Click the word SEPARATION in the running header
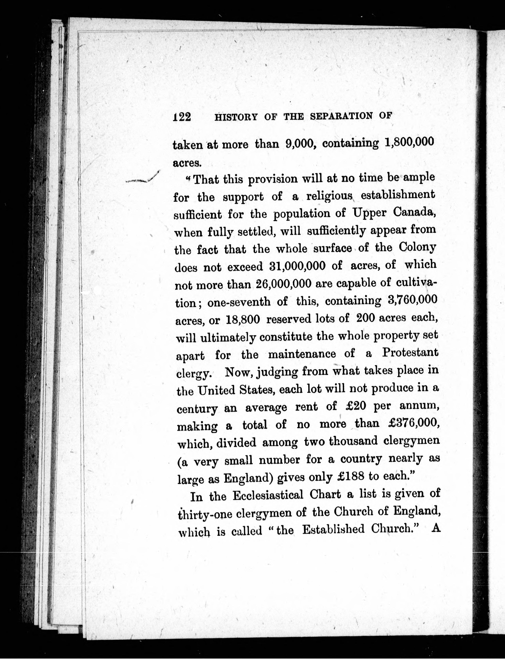341,116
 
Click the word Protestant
410,352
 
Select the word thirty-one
205,514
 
